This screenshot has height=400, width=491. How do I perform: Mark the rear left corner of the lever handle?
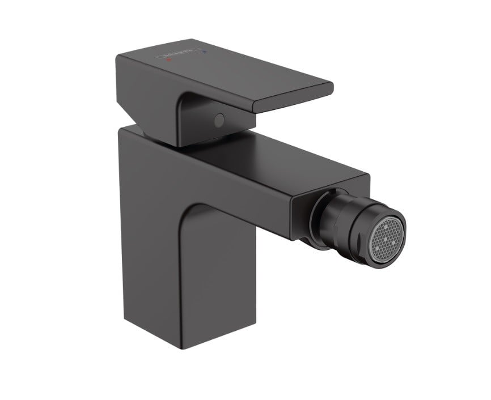click(118, 57)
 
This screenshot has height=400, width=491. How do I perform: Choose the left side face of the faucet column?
click(142, 238)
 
